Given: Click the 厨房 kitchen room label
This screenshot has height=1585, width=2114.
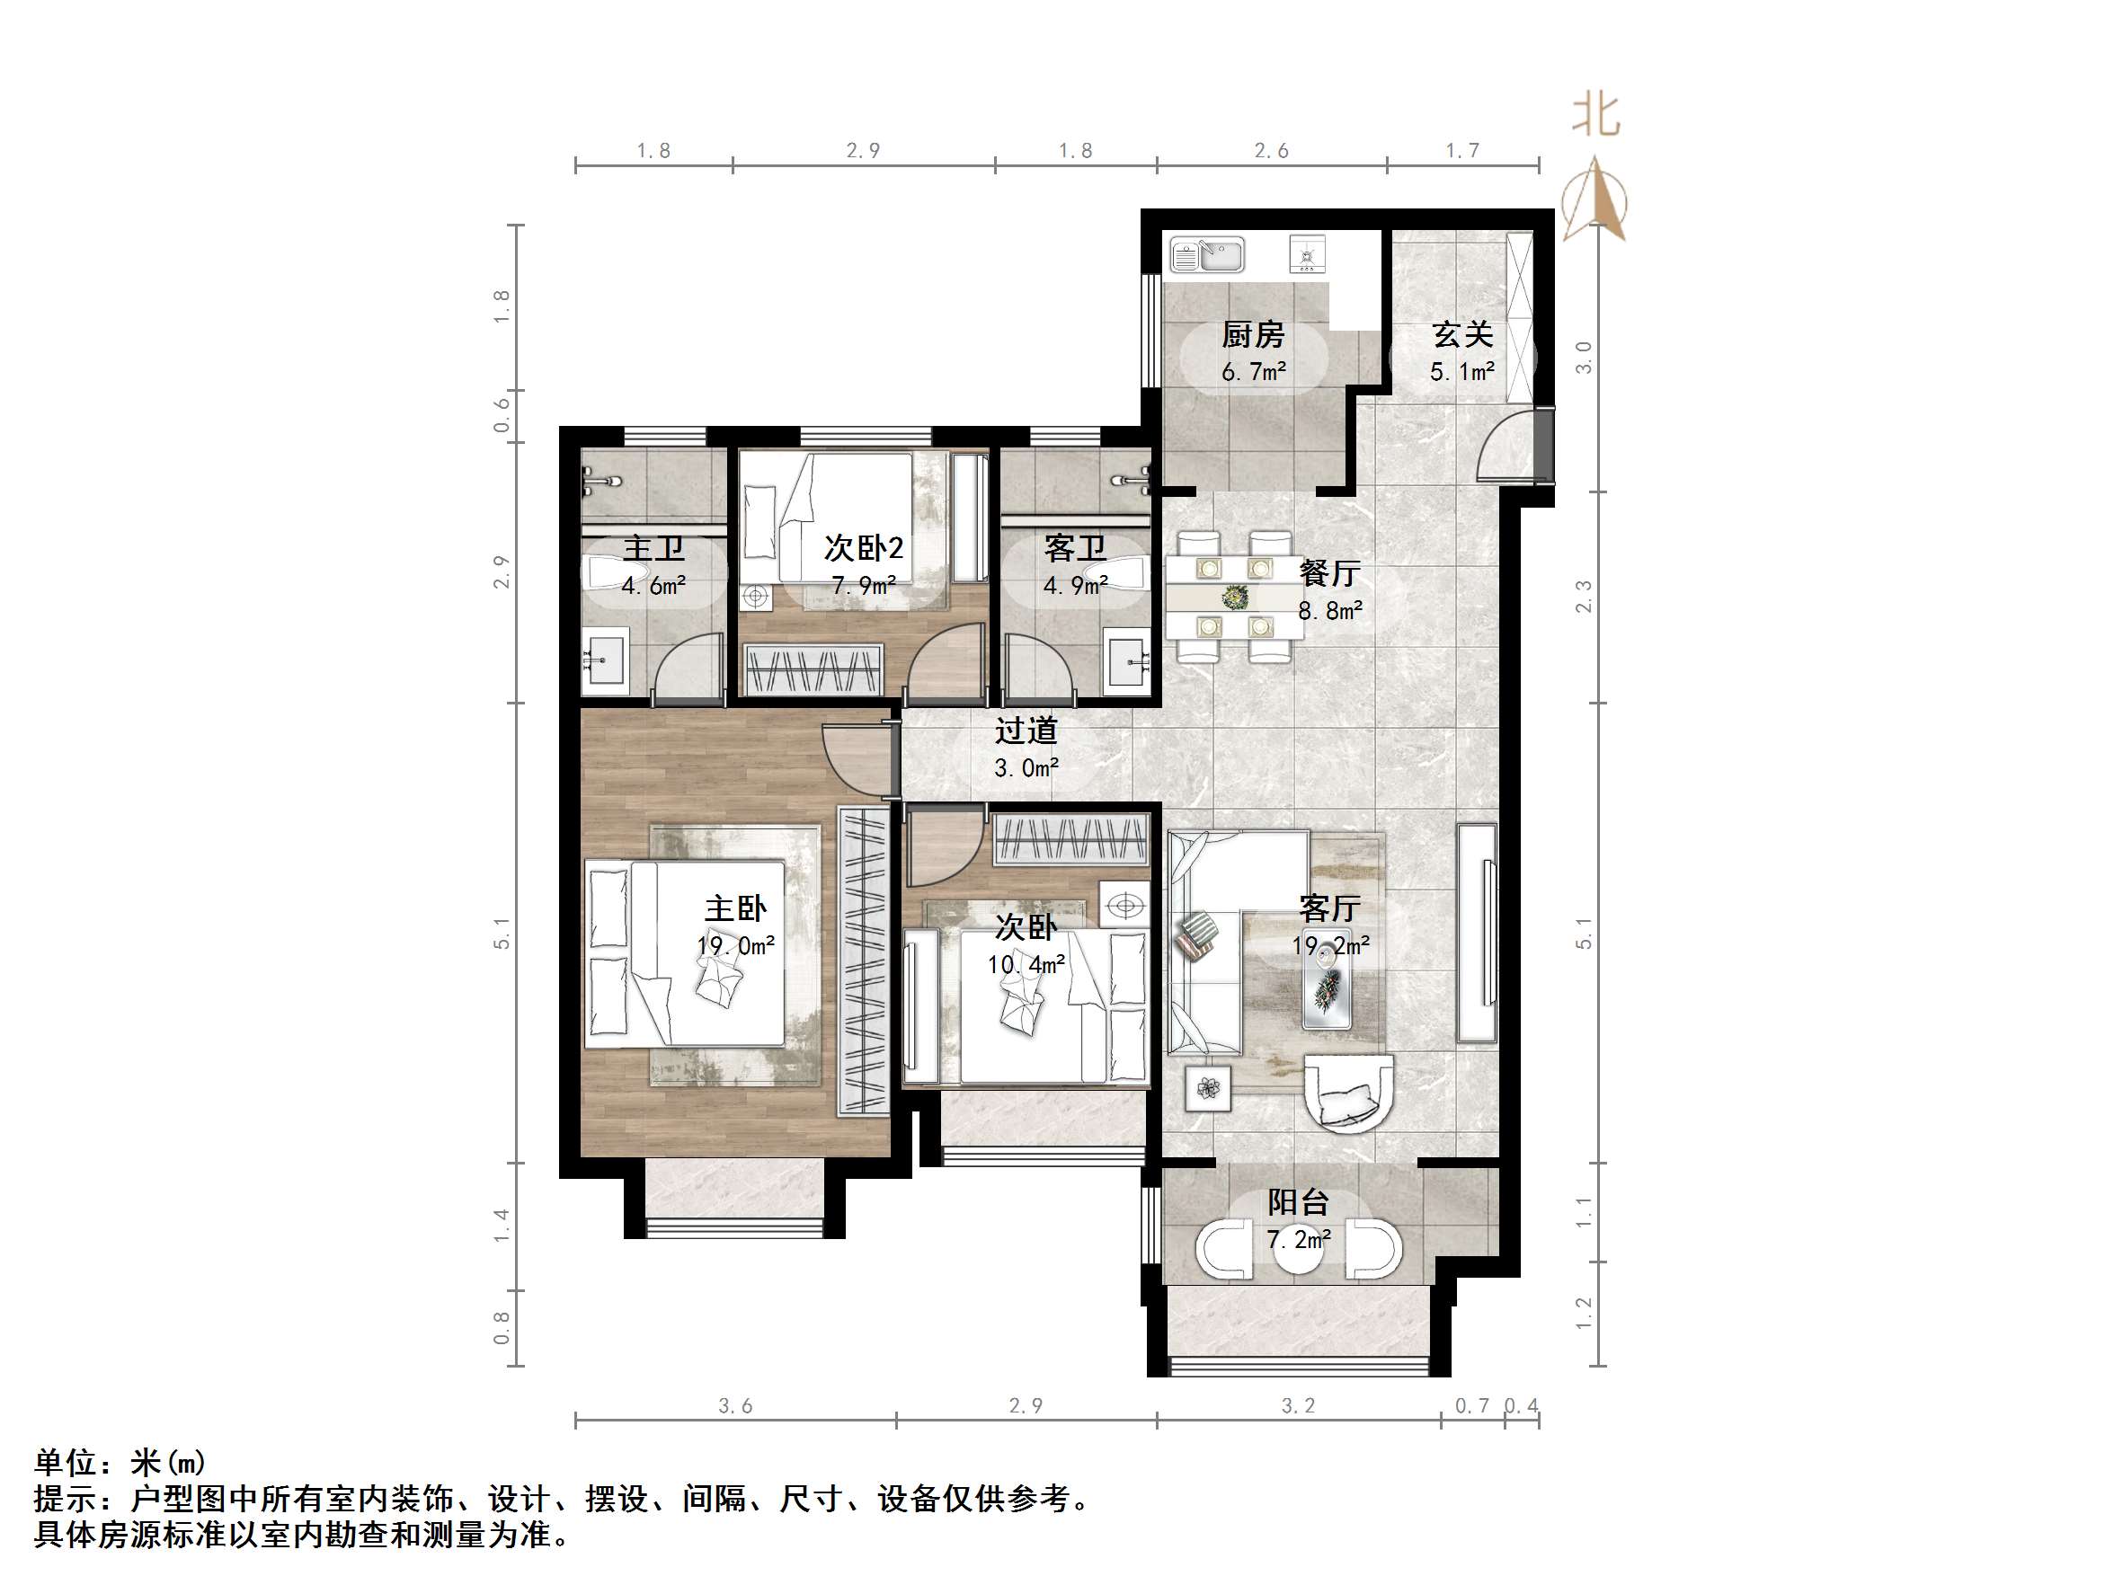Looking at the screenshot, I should click(1252, 334).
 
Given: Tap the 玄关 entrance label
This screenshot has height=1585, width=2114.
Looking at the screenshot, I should click(1461, 334).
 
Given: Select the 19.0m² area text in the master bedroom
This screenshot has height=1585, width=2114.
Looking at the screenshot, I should click(735, 946).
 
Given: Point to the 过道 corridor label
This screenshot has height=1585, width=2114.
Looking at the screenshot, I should click(1026, 731).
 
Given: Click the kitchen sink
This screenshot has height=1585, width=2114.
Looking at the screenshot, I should click(1207, 255).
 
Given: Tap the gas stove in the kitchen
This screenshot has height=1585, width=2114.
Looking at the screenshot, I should click(1308, 254).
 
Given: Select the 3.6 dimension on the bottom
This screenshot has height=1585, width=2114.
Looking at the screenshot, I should click(735, 1405).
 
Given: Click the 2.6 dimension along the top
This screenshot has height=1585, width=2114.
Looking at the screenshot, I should click(1270, 151).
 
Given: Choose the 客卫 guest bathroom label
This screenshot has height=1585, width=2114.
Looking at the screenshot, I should click(1074, 548).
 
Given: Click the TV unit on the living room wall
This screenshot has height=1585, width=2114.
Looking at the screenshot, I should click(1477, 933).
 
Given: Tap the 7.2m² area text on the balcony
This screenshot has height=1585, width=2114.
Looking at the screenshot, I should click(1298, 1240).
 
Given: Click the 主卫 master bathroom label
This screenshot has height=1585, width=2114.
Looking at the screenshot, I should click(653, 548).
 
